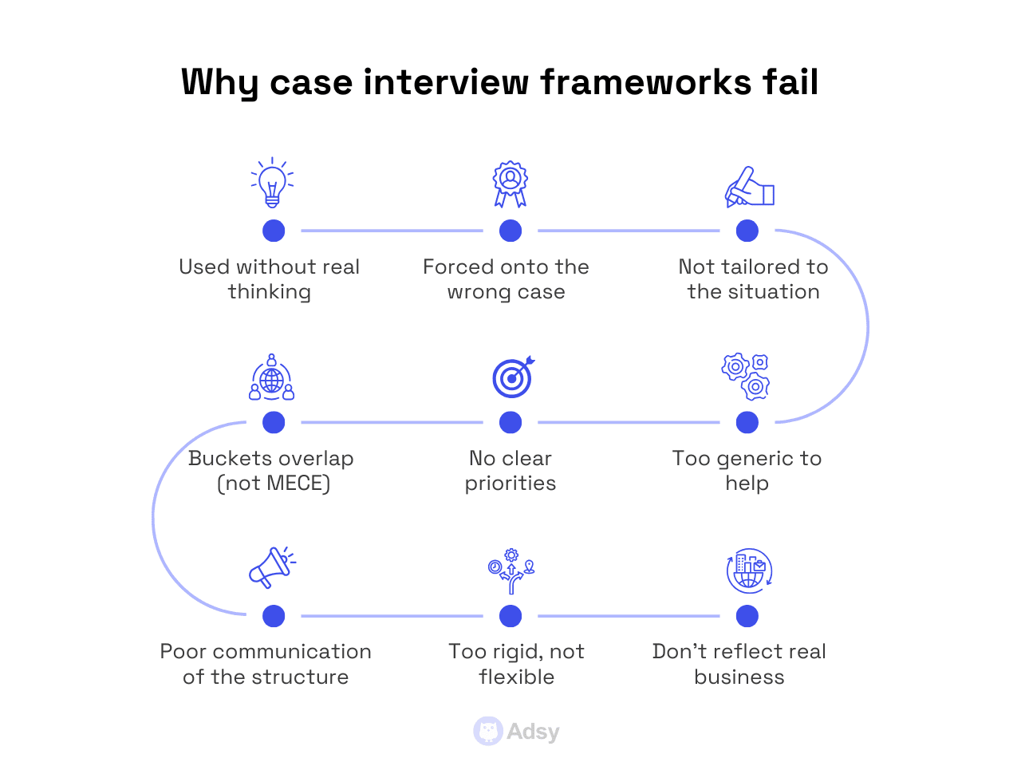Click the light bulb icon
tap(272, 183)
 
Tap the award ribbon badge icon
tap(510, 184)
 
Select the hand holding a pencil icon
tap(749, 187)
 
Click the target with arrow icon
tap(512, 377)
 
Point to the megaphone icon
tap(271, 567)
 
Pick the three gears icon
tap(746, 377)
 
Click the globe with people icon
tap(272, 377)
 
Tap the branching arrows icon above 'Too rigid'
tap(510, 570)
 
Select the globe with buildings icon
tap(749, 571)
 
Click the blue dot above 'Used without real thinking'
tap(274, 231)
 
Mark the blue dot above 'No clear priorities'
tap(510, 422)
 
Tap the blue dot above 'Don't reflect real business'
tap(747, 616)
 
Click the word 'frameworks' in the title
tap(645, 82)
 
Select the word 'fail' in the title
tap(790, 82)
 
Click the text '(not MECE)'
tap(274, 484)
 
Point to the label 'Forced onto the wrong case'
tap(506, 279)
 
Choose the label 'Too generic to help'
tap(747, 471)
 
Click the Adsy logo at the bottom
tap(517, 731)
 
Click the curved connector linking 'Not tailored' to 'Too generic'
tap(867, 326)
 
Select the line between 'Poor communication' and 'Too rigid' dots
tap(392, 616)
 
